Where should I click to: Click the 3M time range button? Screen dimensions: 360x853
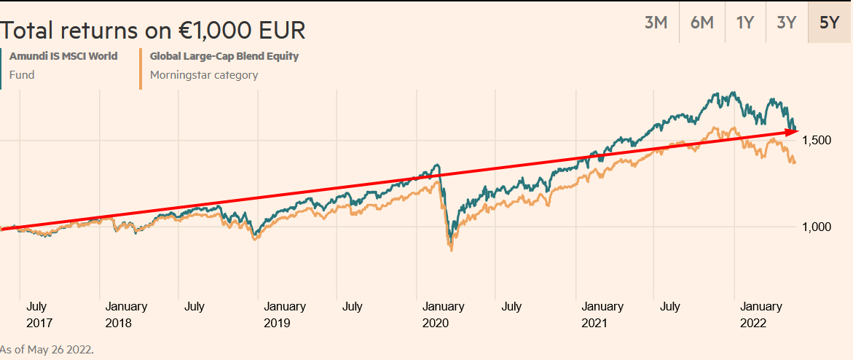point(656,22)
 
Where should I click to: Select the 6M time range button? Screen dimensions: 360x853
point(701,22)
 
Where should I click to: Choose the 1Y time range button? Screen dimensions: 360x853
point(745,22)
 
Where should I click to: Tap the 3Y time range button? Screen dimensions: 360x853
point(786,22)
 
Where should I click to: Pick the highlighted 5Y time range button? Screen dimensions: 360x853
point(830,22)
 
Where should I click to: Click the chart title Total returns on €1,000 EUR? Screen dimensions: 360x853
point(153,31)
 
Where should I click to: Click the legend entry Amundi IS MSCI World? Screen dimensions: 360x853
point(63,56)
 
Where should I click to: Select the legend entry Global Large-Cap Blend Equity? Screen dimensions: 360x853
point(224,56)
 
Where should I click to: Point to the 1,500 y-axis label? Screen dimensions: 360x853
point(817,140)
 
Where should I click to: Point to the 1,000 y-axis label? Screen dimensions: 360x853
point(817,227)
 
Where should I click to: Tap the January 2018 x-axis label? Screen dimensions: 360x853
point(126,314)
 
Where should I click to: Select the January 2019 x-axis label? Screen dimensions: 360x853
point(285,314)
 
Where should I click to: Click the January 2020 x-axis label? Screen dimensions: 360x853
point(444,314)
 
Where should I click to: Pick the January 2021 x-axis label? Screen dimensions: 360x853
point(602,314)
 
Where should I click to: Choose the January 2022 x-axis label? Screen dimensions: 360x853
point(761,314)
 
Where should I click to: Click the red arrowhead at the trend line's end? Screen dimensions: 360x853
point(793,131)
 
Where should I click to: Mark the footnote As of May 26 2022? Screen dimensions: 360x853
point(47,350)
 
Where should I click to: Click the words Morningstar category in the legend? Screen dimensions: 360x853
point(204,74)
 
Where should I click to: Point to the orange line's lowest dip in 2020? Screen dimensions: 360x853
point(452,250)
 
